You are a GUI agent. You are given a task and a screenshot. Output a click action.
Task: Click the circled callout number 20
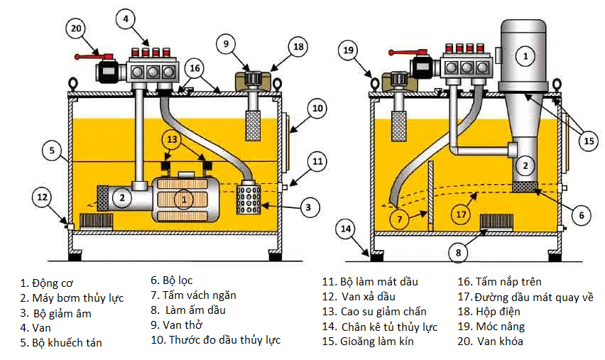[77, 29]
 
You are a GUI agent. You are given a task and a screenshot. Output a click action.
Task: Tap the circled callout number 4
[126, 19]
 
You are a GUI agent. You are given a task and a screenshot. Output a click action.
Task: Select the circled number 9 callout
[226, 44]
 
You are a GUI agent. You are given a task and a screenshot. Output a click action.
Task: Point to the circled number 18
[298, 47]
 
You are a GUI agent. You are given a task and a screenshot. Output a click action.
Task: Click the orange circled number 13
[172, 140]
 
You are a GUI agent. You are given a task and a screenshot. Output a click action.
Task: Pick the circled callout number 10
[317, 109]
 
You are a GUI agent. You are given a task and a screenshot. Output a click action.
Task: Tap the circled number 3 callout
[308, 208]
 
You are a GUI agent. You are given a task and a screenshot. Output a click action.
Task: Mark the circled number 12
[42, 197]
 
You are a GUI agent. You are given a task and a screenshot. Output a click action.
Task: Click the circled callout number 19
[348, 50]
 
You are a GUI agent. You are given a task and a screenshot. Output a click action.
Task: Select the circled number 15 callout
[589, 141]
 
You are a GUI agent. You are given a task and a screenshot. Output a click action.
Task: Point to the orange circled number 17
[461, 214]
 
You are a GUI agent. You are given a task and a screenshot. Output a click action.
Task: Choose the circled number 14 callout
[346, 229]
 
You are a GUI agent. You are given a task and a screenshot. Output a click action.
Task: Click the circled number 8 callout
[459, 253]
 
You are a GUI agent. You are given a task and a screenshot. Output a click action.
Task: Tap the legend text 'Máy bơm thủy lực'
[78, 298]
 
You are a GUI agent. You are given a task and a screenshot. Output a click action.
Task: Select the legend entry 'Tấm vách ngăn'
[199, 295]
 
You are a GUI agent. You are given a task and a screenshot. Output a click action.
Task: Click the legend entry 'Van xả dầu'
[369, 297]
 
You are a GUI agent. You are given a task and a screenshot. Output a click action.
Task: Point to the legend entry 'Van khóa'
[500, 342]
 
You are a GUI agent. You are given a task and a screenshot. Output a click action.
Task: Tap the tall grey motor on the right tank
[523, 56]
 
